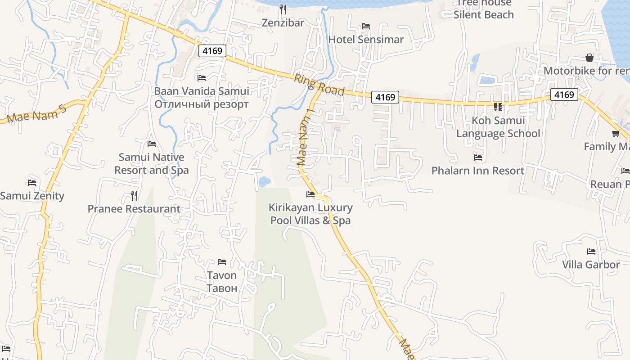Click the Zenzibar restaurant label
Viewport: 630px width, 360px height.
[x=283, y=22]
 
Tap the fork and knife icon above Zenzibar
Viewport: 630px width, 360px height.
[x=283, y=9]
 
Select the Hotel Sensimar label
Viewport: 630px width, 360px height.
[x=366, y=40]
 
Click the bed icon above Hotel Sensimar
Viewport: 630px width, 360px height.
[x=366, y=26]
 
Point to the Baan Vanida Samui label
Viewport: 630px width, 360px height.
[x=202, y=91]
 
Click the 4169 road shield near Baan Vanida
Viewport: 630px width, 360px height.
[x=212, y=51]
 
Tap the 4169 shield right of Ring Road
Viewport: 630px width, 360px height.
[x=385, y=97]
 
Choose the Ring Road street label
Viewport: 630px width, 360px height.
[x=319, y=85]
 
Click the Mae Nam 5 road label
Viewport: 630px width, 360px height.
[x=37, y=114]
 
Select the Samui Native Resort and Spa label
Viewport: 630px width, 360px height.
[x=152, y=164]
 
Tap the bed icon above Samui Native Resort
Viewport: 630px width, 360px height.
[x=152, y=144]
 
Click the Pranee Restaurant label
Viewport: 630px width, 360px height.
[x=134, y=209]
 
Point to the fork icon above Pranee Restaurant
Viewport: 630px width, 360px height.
[x=134, y=195]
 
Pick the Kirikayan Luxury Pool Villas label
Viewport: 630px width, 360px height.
[x=310, y=214]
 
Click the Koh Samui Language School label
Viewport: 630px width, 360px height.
[x=498, y=127]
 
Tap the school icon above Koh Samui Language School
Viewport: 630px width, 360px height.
[x=498, y=107]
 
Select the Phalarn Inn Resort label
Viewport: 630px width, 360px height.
[x=478, y=171]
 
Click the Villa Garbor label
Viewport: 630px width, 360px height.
[x=591, y=265]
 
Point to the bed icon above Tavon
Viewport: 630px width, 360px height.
[x=221, y=261]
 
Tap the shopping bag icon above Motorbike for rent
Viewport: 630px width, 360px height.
[x=589, y=58]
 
